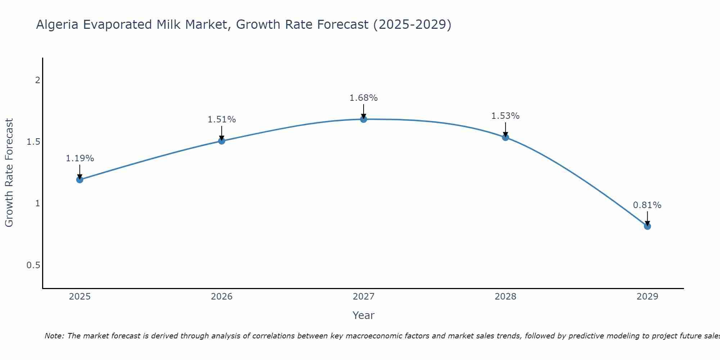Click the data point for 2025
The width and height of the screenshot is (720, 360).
(x=80, y=180)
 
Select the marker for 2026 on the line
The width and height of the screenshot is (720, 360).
(x=222, y=141)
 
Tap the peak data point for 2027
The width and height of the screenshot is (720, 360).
(x=364, y=119)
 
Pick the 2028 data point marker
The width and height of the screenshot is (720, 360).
(x=505, y=137)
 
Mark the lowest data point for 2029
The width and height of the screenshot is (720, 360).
(x=647, y=226)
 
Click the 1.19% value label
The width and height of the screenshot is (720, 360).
(x=80, y=158)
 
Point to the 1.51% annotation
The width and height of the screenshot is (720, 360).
(x=222, y=120)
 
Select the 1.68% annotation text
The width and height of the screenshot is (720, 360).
(x=364, y=98)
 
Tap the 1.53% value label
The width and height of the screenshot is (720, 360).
(x=505, y=116)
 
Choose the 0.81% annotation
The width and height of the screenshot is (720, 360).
(x=647, y=205)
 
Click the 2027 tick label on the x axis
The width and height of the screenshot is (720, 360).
(x=364, y=297)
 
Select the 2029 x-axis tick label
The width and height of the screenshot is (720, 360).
(x=647, y=297)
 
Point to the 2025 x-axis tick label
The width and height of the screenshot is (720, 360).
(x=80, y=297)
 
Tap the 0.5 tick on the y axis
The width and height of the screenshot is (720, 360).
(x=33, y=265)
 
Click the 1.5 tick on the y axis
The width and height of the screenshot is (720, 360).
(x=33, y=142)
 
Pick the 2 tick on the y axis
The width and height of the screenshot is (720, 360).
(x=37, y=80)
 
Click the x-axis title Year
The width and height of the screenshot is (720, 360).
(x=364, y=315)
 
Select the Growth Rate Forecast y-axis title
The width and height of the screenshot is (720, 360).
(x=9, y=173)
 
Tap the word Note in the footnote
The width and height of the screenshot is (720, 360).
(x=54, y=336)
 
